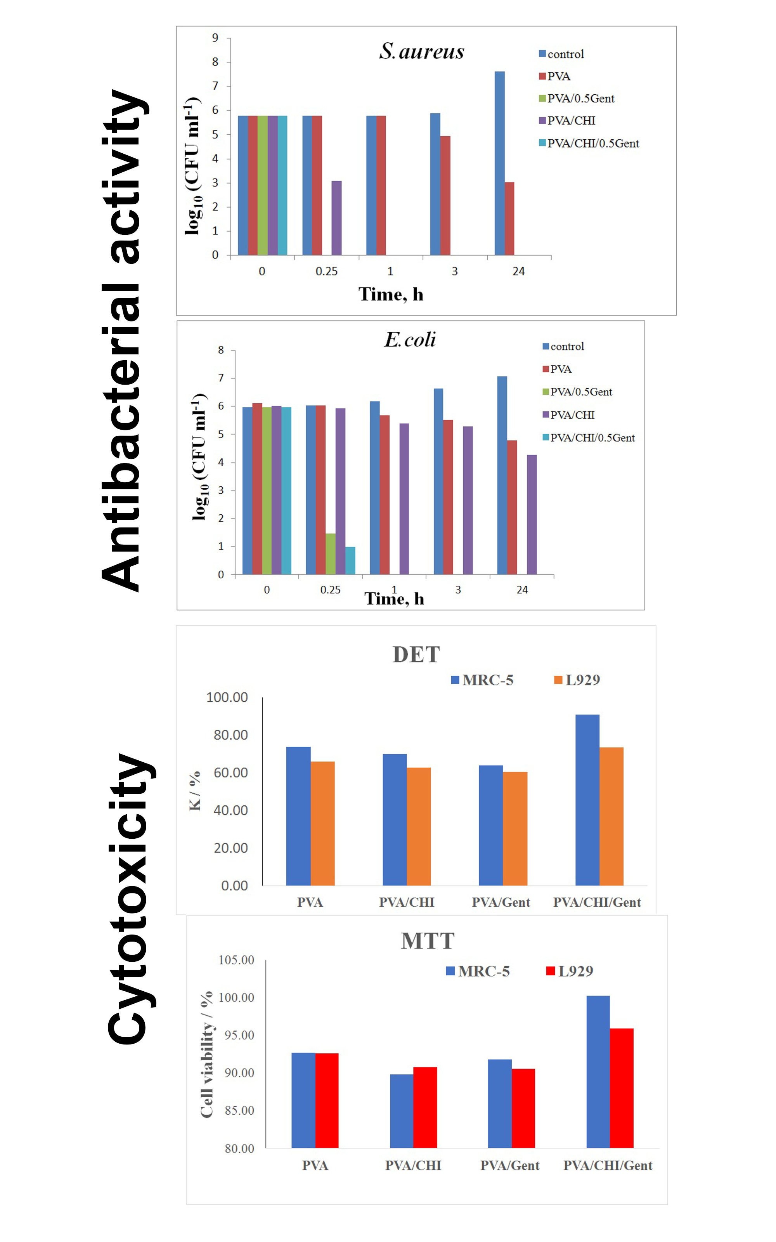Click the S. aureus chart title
(x=421, y=51)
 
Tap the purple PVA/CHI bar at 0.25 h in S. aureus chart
(x=336, y=218)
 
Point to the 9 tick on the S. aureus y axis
(x=215, y=38)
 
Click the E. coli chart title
(x=410, y=340)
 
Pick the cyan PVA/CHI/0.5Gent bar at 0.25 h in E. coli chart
(x=350, y=560)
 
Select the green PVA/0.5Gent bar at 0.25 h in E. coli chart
(x=331, y=554)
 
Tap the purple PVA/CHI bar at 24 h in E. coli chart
(x=532, y=514)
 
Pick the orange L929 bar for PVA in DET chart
(x=322, y=823)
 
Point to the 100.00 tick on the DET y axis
(x=227, y=697)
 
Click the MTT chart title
(x=428, y=941)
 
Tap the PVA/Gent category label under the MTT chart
(x=509, y=1166)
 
